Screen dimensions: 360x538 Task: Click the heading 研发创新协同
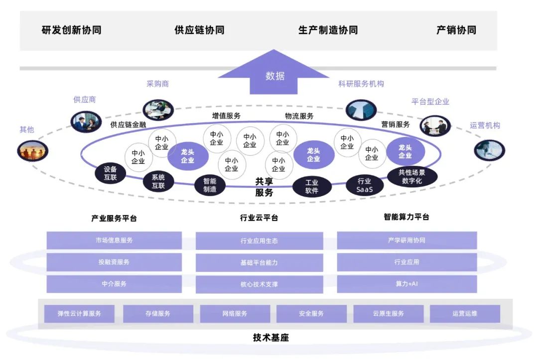pos(71,30)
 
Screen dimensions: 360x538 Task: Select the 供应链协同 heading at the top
pos(199,30)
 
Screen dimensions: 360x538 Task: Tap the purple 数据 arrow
pos(274,75)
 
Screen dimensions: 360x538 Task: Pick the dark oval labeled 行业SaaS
pos(364,185)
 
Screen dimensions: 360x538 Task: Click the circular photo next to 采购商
pos(158,110)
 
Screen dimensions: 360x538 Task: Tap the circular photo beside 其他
pos(32,150)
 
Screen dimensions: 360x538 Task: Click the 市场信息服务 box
pos(114,240)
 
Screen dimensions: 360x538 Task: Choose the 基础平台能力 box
pos(259,262)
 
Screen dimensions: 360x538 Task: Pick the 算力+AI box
pos(406,284)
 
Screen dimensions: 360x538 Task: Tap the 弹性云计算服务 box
pos(79,314)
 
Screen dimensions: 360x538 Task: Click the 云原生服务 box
pos(388,314)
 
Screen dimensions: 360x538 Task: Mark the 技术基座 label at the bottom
pos(270,338)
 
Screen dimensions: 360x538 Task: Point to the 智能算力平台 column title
pos(406,217)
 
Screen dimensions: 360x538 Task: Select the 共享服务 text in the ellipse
pos(264,187)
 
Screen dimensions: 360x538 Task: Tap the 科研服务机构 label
pos(361,84)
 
